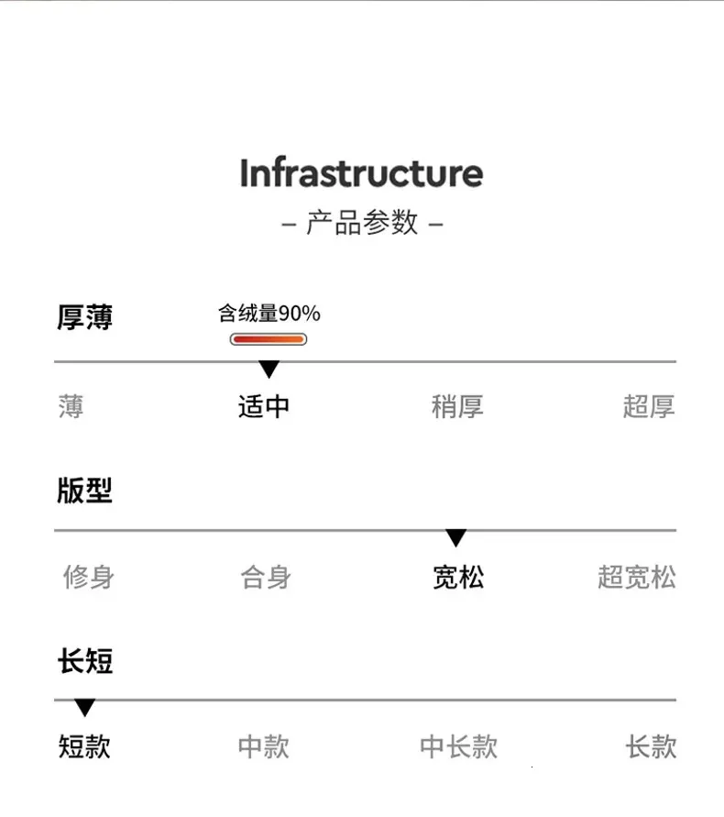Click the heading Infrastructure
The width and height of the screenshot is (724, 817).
361,172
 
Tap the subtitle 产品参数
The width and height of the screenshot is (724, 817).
362,223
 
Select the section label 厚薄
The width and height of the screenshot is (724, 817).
84,316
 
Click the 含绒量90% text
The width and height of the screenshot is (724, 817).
269,314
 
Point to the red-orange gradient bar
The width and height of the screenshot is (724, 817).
269,339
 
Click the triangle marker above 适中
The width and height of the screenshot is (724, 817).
269,369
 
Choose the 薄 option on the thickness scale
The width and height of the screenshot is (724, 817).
71,406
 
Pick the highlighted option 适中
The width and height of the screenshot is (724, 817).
264,406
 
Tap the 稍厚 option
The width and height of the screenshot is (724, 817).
457,406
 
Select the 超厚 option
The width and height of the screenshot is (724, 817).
649,406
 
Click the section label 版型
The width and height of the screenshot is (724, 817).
84,490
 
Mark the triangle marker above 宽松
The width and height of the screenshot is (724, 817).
455,537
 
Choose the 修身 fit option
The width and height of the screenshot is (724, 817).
89,577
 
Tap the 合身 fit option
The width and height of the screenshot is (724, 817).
266,577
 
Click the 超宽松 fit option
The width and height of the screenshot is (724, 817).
637,577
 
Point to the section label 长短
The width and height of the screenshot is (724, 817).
85,661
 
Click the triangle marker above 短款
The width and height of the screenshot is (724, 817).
84,708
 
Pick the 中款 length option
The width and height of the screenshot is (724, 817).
264,746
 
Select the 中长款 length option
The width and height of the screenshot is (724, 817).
459,746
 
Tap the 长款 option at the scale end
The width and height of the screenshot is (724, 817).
651,746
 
